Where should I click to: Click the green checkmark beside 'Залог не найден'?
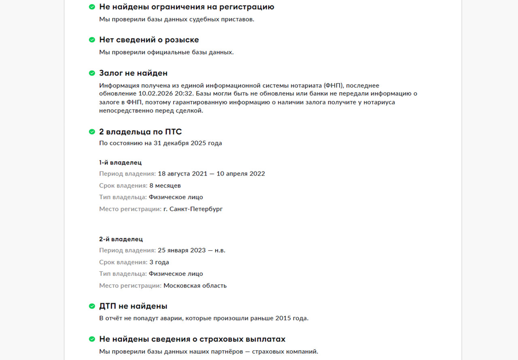(x=92, y=73)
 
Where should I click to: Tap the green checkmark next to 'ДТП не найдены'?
(x=92, y=306)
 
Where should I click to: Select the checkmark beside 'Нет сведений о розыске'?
(x=92, y=40)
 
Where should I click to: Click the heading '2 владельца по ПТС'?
(x=140, y=131)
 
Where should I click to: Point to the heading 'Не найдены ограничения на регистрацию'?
(x=187, y=7)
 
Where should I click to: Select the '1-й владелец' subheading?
(x=120, y=163)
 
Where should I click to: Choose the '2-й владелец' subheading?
(x=121, y=239)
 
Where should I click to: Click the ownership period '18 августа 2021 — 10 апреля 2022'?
(x=211, y=174)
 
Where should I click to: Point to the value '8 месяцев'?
(x=165, y=186)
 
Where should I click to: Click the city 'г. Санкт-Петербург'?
(x=193, y=209)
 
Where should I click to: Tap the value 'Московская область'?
(x=195, y=286)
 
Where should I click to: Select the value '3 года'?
(x=159, y=262)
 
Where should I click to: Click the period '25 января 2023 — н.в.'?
(x=191, y=250)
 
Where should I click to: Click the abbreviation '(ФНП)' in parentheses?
(x=333, y=85)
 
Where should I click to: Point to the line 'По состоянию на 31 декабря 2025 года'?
(x=161, y=143)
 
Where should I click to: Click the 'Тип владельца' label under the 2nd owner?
(x=123, y=274)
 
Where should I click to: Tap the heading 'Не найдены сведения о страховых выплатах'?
(x=192, y=339)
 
